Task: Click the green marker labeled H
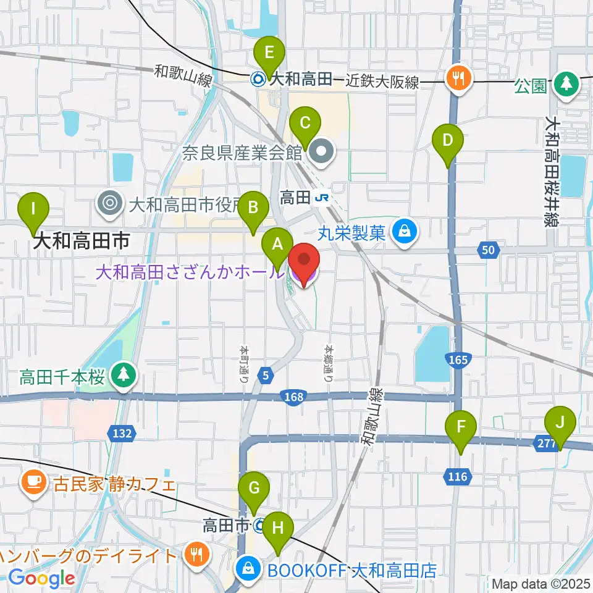(278, 529)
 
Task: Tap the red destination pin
(304, 263)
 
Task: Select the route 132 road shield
(122, 434)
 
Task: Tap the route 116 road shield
(458, 476)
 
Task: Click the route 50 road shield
(487, 250)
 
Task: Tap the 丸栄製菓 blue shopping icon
(405, 233)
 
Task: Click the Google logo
(41, 578)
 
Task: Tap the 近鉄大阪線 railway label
(382, 80)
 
